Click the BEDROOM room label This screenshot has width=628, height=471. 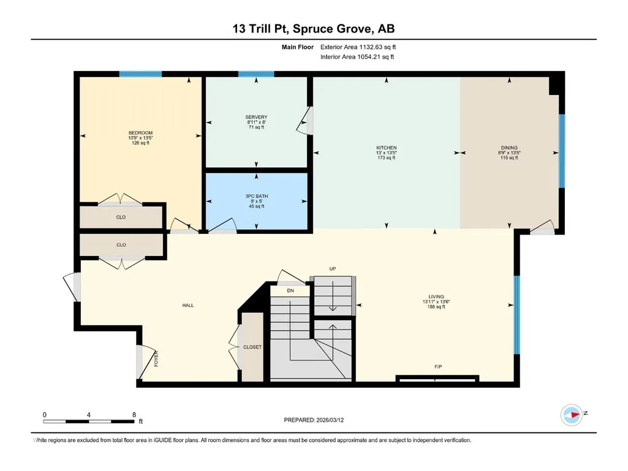[x=140, y=133]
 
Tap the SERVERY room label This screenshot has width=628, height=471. [x=256, y=117]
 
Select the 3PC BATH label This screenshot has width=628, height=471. [x=257, y=196]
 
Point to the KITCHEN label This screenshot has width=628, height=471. [x=387, y=148]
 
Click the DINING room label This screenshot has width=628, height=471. [x=509, y=148]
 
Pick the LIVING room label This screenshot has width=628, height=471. [x=436, y=297]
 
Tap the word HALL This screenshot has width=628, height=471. [x=188, y=305]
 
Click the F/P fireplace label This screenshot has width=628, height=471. [x=438, y=366]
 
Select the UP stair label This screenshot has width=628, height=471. [x=333, y=269]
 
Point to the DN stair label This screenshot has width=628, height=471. [x=290, y=291]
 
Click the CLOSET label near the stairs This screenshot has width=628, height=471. [x=252, y=347]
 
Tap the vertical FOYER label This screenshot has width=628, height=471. [x=156, y=358]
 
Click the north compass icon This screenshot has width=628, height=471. [x=572, y=415]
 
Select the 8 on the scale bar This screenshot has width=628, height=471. [x=134, y=415]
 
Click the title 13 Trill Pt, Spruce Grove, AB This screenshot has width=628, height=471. [x=314, y=29]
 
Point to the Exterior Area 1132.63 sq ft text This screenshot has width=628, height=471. [x=358, y=47]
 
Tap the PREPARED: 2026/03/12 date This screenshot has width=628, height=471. [x=314, y=420]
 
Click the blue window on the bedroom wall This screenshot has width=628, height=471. [x=140, y=74]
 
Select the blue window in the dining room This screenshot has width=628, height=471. [x=561, y=151]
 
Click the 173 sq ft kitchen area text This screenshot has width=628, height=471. [x=387, y=158]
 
